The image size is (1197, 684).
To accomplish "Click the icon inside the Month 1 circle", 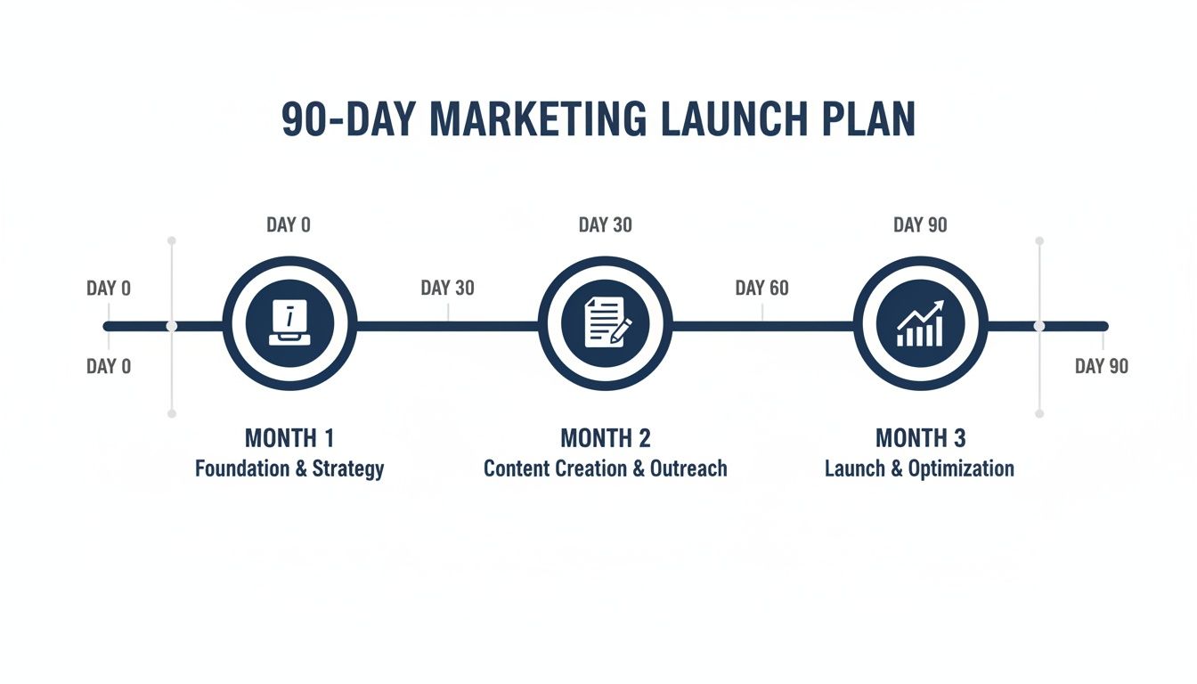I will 289,322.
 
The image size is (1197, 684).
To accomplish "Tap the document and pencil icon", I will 606,322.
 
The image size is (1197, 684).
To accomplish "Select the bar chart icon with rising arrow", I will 920,322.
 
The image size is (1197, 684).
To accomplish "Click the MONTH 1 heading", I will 289,438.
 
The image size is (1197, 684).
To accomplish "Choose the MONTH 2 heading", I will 606,438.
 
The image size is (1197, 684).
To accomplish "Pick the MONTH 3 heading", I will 920,438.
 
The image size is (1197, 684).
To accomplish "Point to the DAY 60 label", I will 761,288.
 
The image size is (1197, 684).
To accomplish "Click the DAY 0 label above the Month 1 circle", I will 289,224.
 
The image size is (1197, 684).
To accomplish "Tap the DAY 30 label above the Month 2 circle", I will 606,224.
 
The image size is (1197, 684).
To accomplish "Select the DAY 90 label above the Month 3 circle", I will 920,224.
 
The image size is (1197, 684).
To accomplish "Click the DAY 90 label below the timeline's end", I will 1101,366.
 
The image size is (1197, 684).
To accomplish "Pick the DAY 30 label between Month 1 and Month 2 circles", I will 447,288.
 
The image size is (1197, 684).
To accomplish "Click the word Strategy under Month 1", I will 348,468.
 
